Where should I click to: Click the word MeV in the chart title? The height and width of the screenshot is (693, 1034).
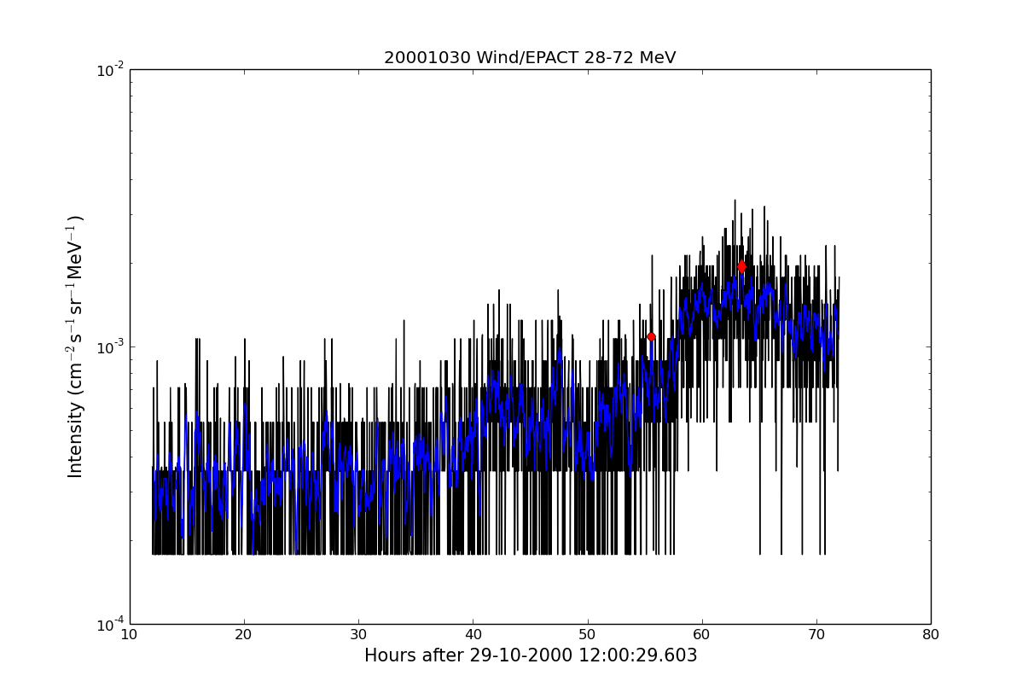coord(657,58)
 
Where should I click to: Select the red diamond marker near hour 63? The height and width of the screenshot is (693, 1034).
coord(741,266)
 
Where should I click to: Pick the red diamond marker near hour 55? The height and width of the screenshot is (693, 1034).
coord(651,337)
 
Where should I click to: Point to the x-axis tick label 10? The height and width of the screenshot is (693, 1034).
coord(129,635)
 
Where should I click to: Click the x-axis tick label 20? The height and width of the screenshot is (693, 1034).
coord(244,635)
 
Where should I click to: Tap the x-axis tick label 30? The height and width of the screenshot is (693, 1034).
coord(358,635)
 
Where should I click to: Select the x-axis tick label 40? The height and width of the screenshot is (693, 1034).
coord(473,635)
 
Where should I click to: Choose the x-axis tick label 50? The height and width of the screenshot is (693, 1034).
coord(587,635)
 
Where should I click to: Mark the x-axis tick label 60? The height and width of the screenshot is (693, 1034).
coord(701,635)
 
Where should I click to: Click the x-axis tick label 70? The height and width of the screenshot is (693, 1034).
coord(816,635)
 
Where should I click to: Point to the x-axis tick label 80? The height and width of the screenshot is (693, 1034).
coord(931,635)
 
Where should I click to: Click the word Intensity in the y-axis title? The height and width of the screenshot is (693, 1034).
coord(76,439)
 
